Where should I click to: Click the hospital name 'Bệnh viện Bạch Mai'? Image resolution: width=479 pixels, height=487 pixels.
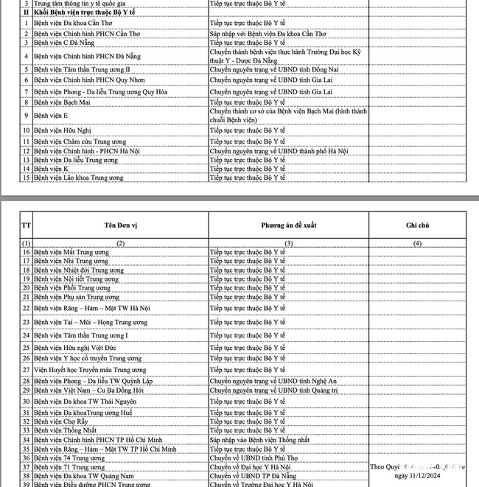tap(61, 102)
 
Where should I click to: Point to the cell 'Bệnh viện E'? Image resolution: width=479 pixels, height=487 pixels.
tap(51, 116)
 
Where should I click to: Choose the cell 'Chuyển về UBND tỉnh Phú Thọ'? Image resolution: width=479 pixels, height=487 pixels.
tap(253, 458)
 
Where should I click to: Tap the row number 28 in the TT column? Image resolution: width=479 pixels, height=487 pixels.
tap(26, 381)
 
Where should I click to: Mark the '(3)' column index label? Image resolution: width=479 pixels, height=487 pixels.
tap(288, 242)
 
